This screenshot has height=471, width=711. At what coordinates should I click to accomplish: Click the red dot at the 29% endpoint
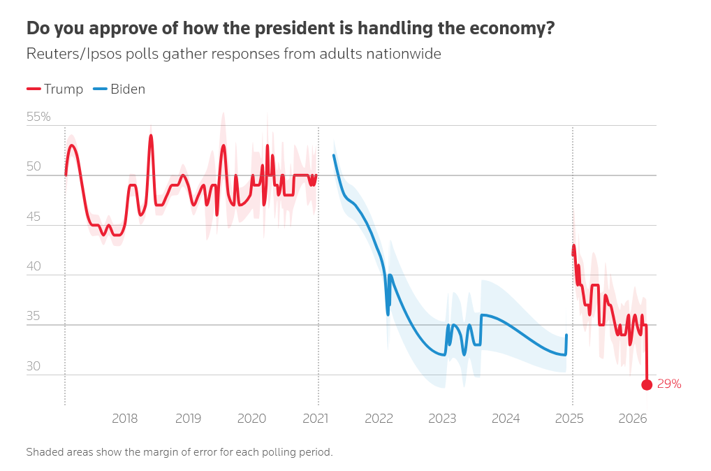click(x=647, y=384)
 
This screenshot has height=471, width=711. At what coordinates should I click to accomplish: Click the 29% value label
click(x=668, y=384)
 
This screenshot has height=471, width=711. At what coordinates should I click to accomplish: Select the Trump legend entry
click(x=55, y=89)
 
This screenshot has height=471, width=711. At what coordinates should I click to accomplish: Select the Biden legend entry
click(x=119, y=89)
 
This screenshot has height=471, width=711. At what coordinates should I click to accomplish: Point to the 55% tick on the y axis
click(x=38, y=117)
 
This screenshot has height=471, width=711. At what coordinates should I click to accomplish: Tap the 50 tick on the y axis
click(x=34, y=167)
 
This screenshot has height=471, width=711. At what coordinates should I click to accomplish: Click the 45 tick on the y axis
click(x=34, y=217)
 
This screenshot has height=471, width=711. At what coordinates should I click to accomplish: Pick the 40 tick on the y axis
click(x=34, y=266)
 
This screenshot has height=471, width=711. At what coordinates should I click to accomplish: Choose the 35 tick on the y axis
click(x=34, y=317)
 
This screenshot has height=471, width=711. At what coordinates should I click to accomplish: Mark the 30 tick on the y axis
click(x=34, y=366)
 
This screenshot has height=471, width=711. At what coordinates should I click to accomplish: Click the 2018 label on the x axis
click(x=124, y=419)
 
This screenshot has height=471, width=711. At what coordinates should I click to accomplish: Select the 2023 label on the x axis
click(x=442, y=419)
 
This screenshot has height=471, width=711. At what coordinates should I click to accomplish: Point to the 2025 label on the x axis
click(x=570, y=419)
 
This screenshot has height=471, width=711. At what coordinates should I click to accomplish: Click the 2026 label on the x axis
click(x=633, y=419)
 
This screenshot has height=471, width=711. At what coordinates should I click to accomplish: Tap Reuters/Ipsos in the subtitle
click(x=70, y=54)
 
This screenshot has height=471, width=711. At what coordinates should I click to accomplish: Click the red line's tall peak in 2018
click(x=151, y=136)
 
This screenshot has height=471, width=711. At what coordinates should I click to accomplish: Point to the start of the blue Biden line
click(x=334, y=155)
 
